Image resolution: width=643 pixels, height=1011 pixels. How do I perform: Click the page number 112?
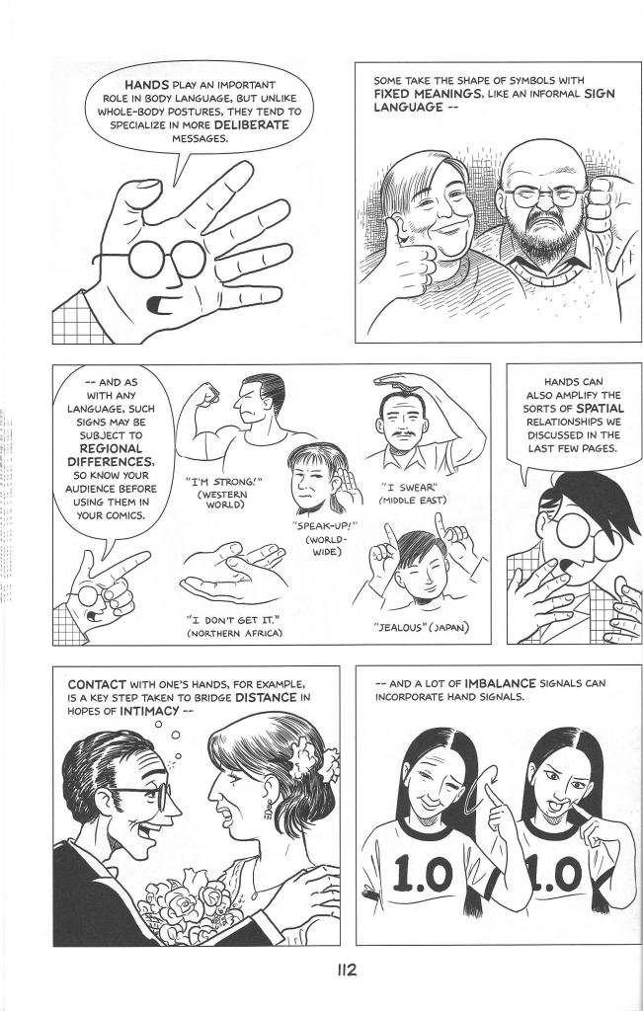[x=346, y=971]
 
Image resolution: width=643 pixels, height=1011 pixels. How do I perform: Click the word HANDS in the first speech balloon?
[x=147, y=85]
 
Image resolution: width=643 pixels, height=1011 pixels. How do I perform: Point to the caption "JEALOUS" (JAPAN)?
[x=422, y=627]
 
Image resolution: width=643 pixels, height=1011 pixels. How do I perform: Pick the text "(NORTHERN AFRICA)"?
[x=234, y=634]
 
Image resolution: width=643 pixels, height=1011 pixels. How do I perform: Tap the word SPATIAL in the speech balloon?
[x=600, y=408]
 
